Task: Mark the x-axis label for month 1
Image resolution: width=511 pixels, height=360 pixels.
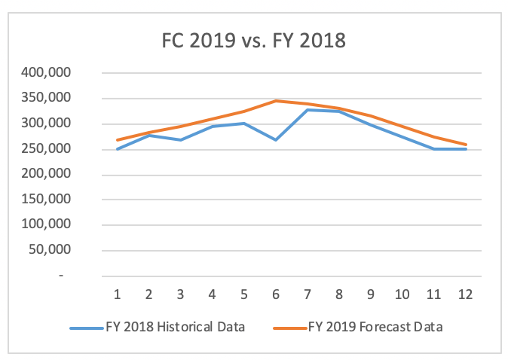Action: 118,294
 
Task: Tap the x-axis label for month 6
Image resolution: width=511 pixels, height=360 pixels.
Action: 276,294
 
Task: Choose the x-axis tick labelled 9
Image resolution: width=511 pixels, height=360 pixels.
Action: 371,294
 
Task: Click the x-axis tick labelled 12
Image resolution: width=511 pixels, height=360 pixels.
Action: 465,294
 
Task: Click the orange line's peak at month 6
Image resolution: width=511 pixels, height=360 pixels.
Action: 276,101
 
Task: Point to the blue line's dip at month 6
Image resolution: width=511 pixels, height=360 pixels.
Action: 276,140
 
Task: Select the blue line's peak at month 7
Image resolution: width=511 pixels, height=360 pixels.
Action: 308,110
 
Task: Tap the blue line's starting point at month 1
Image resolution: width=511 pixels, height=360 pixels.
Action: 118,149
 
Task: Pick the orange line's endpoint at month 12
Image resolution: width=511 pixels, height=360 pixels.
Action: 465,145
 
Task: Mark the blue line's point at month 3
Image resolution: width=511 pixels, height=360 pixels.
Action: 181,140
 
